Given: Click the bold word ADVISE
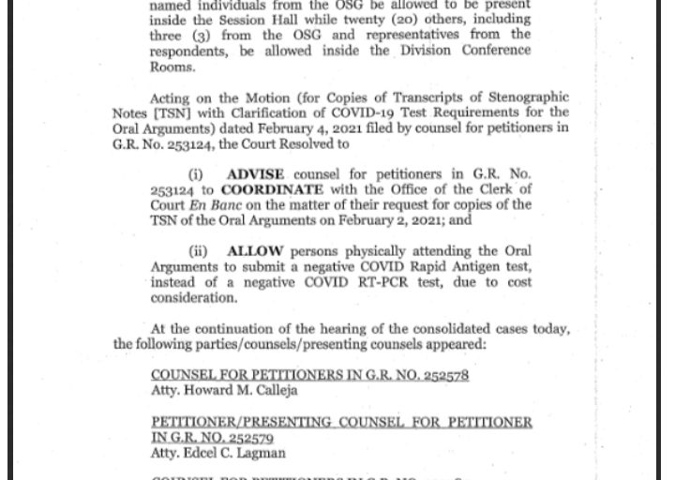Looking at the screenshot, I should (256, 174).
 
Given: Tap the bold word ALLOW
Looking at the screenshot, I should (254, 251).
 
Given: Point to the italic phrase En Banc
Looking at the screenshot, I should (209, 204).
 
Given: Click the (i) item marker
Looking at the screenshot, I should (195, 174).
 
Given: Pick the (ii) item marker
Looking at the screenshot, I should (198, 251).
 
